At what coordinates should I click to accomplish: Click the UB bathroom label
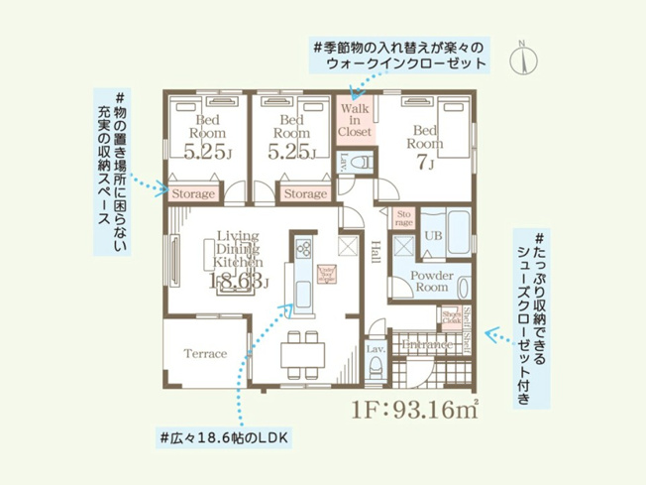tap(433, 236)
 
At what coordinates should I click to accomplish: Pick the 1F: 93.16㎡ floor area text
tap(415, 409)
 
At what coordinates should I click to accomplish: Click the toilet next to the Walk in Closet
tap(363, 160)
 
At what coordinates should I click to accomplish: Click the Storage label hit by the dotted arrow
tap(193, 194)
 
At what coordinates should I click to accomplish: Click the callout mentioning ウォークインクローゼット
tap(396, 55)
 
